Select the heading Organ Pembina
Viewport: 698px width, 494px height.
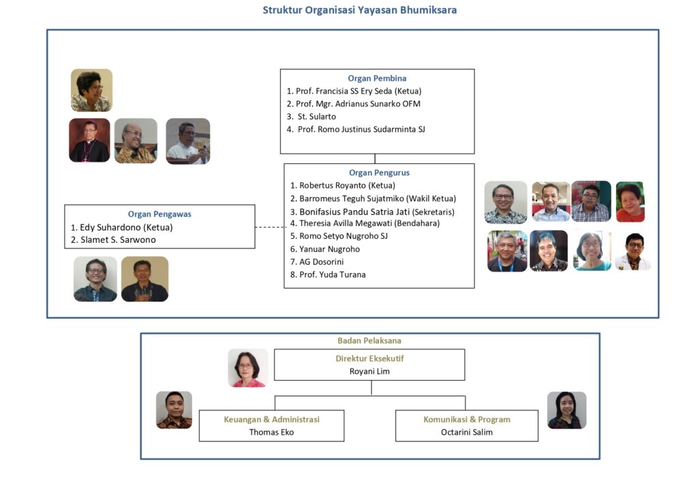(377, 78)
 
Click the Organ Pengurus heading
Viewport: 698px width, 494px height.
(379, 173)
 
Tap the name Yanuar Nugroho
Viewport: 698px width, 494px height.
(329, 249)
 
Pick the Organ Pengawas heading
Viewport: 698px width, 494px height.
(160, 214)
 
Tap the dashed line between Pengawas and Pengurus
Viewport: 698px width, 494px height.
(269, 227)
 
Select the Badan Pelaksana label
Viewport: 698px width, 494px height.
(369, 340)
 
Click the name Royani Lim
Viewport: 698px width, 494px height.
(369, 371)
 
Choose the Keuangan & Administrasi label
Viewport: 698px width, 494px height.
(271, 420)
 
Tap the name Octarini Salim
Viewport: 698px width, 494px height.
(466, 432)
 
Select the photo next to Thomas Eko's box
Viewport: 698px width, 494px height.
(174, 410)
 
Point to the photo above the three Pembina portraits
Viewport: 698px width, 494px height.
(91, 90)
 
